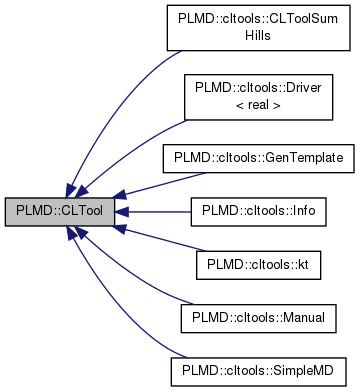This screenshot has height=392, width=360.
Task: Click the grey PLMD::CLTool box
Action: [x=59, y=211]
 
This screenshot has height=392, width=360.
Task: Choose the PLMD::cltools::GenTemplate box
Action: [x=258, y=159]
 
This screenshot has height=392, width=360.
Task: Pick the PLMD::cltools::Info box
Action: [x=258, y=211]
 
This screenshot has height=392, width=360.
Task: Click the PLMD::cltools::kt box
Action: [x=258, y=264]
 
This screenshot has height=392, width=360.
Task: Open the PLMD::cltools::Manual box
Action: [x=258, y=317]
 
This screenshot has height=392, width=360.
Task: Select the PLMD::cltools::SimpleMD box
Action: [x=258, y=370]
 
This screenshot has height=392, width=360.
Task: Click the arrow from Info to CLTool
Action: [x=150, y=211]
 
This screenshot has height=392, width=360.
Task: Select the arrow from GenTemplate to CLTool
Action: [x=140, y=185]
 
